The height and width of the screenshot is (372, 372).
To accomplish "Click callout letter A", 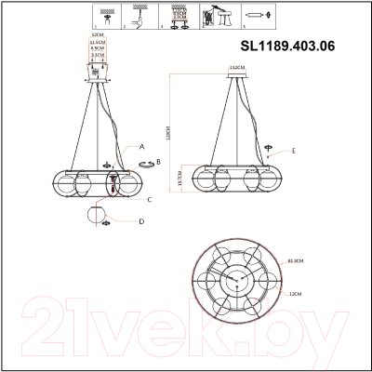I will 141,147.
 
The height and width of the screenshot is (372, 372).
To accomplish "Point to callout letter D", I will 141,221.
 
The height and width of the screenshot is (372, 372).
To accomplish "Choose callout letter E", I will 293,150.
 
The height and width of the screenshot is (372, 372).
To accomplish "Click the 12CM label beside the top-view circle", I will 295,293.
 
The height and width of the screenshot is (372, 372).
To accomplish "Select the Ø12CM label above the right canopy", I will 236,68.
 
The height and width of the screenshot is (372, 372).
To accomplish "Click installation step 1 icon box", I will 108,17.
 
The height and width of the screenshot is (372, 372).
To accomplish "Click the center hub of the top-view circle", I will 233,279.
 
